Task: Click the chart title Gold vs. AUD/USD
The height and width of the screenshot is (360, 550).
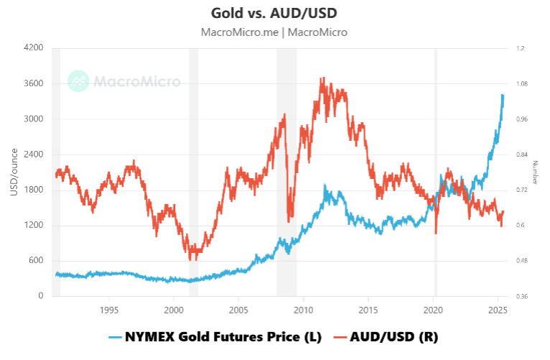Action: [274, 13]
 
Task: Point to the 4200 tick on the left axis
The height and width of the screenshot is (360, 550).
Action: [34, 48]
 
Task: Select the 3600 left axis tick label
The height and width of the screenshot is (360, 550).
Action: [34, 83]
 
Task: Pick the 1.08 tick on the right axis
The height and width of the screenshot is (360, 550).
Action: [521, 84]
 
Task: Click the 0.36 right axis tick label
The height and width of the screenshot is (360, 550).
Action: [521, 296]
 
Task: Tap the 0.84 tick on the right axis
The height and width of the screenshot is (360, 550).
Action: [521, 154]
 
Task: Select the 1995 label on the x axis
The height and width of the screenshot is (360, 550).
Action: [108, 310]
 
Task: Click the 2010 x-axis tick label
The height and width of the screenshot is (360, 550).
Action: [303, 310]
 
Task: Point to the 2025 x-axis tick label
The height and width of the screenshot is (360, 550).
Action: [498, 310]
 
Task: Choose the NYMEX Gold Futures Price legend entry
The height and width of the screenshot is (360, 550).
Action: [215, 336]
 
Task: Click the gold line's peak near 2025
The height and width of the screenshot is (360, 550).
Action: [503, 95]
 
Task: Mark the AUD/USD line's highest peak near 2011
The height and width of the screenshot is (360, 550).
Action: [322, 78]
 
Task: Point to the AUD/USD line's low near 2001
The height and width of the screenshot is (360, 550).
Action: [190, 259]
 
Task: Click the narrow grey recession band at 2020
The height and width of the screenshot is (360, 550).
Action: [435, 172]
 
